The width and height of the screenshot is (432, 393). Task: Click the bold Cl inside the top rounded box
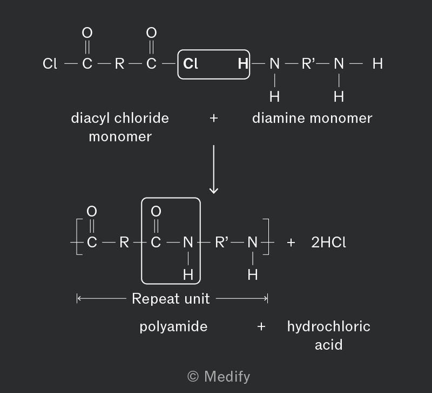[x=191, y=64]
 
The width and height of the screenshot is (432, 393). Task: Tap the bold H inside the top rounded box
[x=243, y=64]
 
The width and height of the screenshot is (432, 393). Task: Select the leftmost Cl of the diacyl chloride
[x=50, y=64]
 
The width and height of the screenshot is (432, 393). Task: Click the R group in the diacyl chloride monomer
[x=119, y=64]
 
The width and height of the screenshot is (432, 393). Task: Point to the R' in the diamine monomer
[x=308, y=64]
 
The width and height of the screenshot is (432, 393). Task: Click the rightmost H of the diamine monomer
[x=377, y=64]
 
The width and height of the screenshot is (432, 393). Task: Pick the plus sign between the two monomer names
[x=214, y=118]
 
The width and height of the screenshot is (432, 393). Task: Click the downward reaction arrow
[x=214, y=170]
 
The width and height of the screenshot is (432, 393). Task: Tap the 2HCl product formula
[x=328, y=242]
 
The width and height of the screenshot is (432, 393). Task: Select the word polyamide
[x=173, y=327]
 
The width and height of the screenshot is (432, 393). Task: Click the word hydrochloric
[x=329, y=327]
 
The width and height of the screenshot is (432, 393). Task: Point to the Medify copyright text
[x=219, y=376]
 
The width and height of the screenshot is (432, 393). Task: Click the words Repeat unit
[x=171, y=299]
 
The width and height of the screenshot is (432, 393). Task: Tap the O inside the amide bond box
[x=156, y=211]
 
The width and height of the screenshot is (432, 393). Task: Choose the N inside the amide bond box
[x=188, y=242]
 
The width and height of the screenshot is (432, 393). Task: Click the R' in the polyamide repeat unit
[x=222, y=242]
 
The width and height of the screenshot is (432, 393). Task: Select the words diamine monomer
[x=312, y=118]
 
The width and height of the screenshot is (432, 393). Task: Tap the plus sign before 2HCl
[x=291, y=242]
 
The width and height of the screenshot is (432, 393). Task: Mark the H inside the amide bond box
[x=188, y=275]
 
